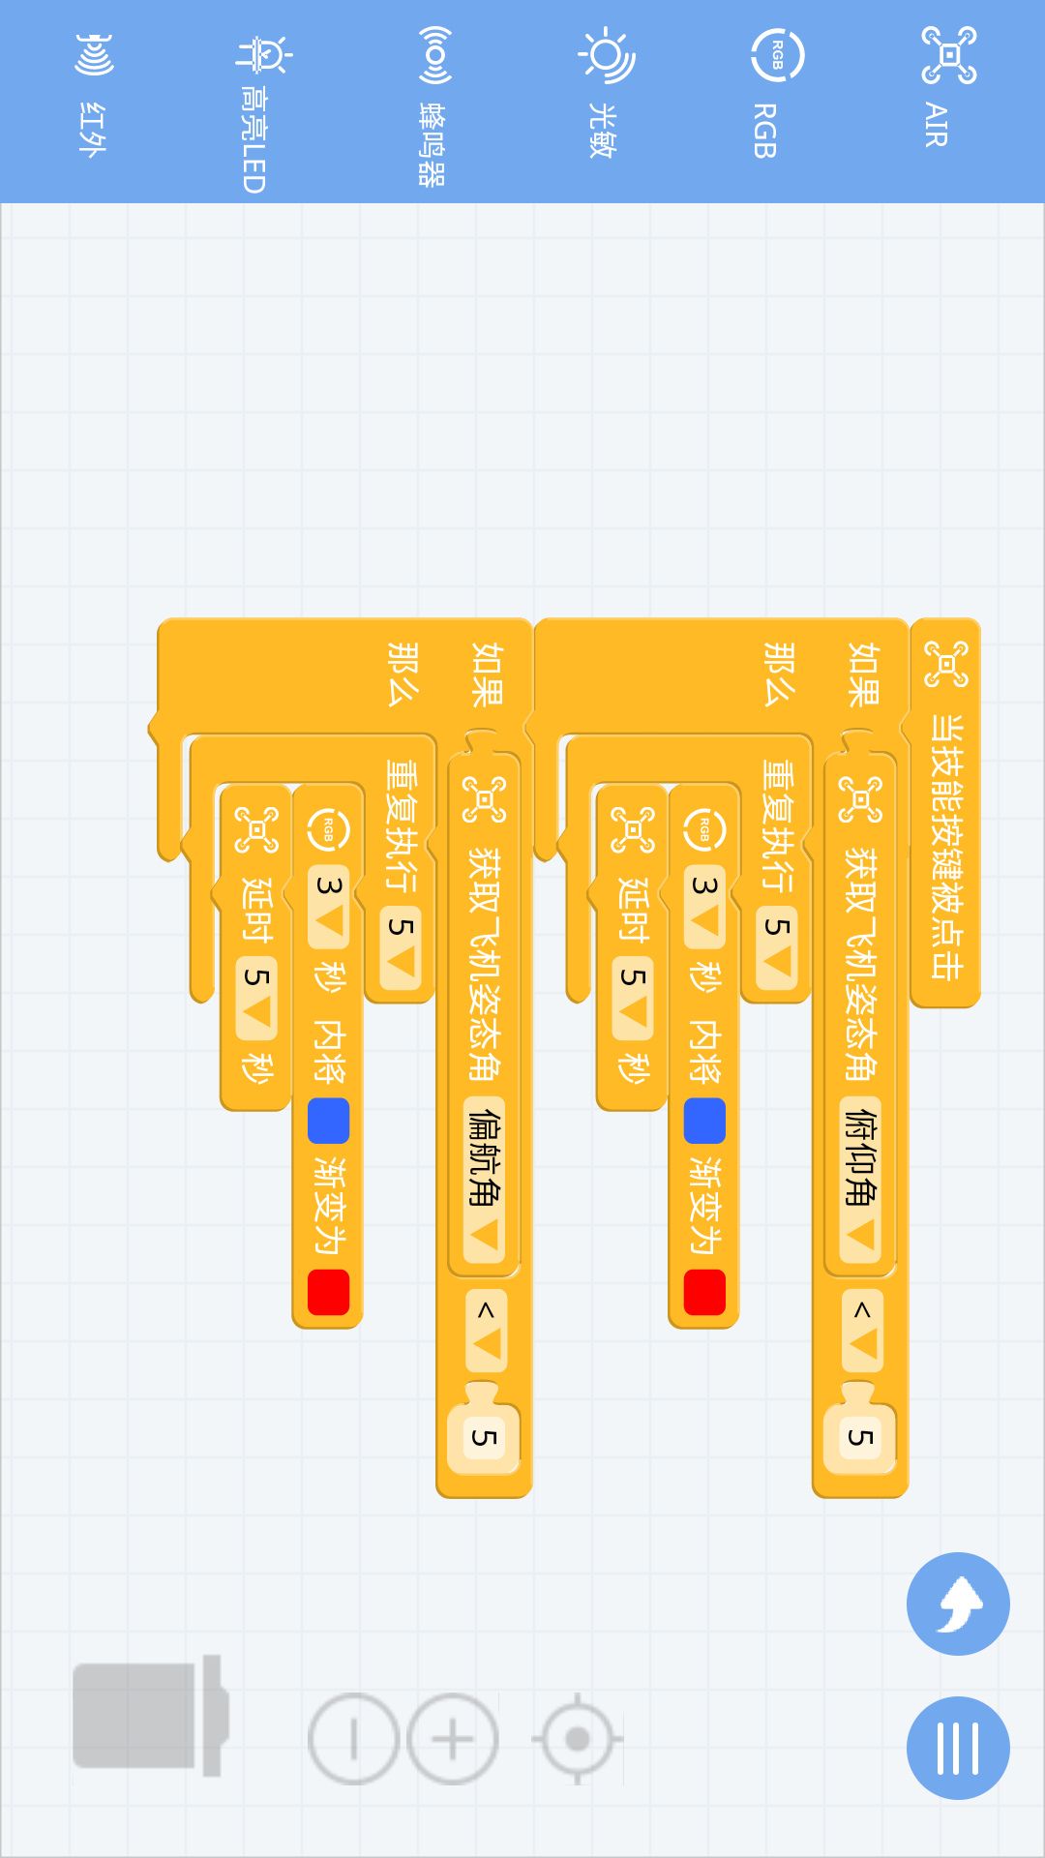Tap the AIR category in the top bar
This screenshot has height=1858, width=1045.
(946, 87)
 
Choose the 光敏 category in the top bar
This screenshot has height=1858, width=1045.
(604, 92)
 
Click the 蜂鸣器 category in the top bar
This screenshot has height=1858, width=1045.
(433, 102)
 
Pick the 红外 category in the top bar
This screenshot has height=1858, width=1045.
(93, 92)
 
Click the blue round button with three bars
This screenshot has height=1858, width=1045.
(958, 1748)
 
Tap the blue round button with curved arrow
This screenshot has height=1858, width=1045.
(958, 1603)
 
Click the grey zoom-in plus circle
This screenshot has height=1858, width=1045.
(452, 1739)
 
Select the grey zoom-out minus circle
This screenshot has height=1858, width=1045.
(353, 1739)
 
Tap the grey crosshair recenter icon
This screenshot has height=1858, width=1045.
(578, 1739)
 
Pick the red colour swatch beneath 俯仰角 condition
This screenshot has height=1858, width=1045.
(704, 1292)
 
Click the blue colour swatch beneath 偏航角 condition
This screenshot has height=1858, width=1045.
(328, 1121)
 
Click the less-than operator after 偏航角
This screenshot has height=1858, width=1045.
(486, 1330)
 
